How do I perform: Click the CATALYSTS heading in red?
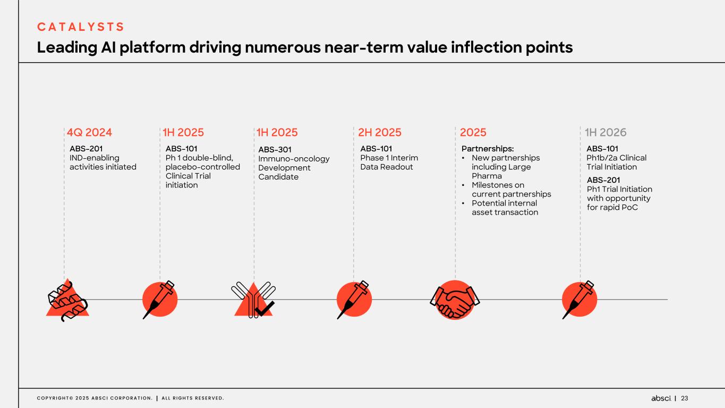click(x=80, y=27)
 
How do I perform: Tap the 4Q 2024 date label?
click(x=89, y=132)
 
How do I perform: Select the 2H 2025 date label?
click(x=380, y=132)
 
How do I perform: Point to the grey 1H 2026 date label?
click(x=605, y=132)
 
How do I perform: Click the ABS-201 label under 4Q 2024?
click(x=86, y=149)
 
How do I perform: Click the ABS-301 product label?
click(x=275, y=150)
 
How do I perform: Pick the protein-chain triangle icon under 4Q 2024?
click(x=67, y=301)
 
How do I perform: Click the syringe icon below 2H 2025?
click(x=354, y=299)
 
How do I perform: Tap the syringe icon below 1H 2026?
click(x=579, y=299)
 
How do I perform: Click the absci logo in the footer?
click(x=661, y=398)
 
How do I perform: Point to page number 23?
click(x=684, y=398)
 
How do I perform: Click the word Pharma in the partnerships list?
click(x=487, y=176)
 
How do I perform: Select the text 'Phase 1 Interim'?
click(x=389, y=158)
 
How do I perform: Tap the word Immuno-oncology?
click(x=294, y=159)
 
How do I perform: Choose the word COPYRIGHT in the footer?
click(x=53, y=398)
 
